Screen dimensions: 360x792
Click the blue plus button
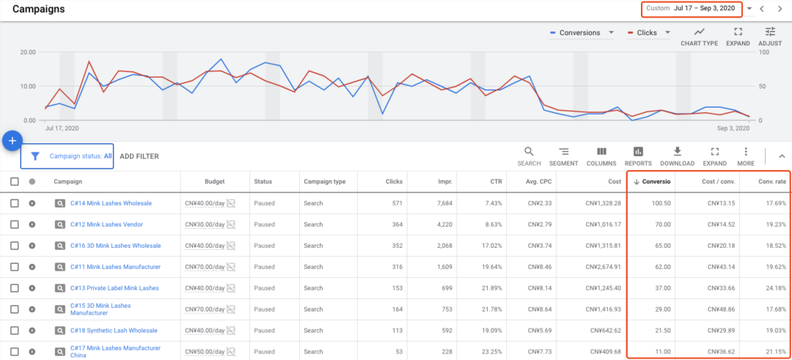12,140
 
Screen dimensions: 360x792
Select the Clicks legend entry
647,33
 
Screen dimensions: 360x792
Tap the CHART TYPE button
699,36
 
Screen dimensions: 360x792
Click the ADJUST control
769,36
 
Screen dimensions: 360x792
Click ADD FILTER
139,156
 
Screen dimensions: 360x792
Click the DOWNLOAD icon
677,155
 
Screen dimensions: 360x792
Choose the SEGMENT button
564,155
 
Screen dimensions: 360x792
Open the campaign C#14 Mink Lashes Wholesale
111,203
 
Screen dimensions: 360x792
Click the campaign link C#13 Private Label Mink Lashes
114,288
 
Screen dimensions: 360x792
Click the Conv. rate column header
772,182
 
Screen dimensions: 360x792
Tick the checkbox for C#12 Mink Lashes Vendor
15,224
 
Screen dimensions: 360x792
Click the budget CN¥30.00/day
204,224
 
